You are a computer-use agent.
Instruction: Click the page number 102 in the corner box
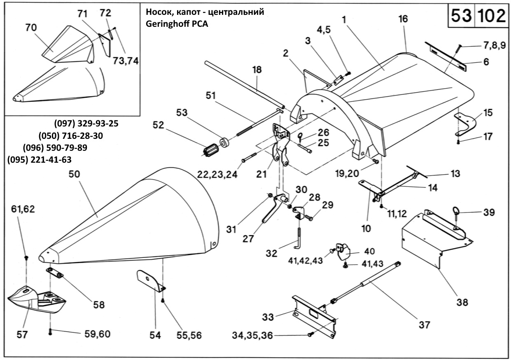pos(491,16)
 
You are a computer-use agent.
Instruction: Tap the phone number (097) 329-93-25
pos(86,124)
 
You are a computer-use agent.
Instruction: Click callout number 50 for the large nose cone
pos(75,174)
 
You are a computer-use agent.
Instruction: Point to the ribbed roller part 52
pos(210,150)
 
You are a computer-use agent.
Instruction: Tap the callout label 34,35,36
pos(252,335)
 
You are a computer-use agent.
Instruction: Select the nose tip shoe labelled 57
pos(37,299)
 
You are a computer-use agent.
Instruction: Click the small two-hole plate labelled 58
pos(55,272)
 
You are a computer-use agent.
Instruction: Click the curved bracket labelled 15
pos(466,124)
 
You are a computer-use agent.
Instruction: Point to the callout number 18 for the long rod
pos(257,70)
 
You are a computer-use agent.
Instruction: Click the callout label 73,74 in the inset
pos(126,61)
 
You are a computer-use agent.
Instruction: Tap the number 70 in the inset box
pos(31,28)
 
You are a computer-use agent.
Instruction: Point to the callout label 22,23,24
pos(217,175)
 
